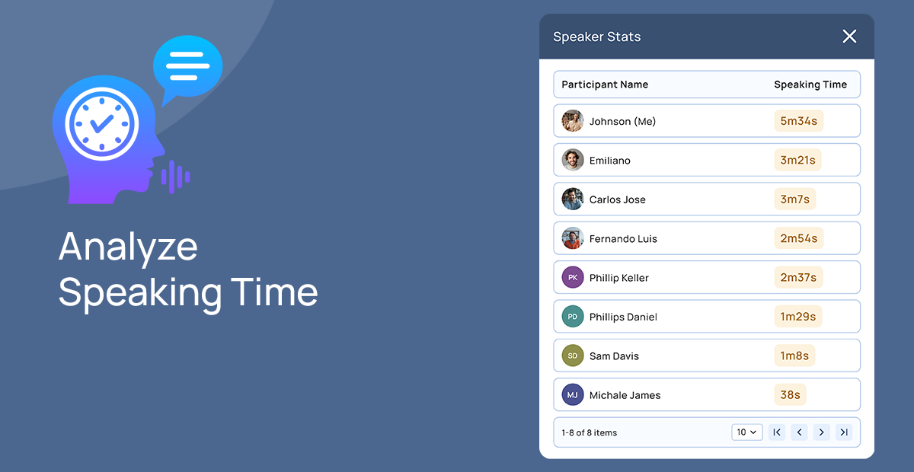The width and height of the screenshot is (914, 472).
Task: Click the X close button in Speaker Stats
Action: pyautogui.click(x=849, y=37)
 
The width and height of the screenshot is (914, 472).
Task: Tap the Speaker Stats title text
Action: pyautogui.click(x=596, y=37)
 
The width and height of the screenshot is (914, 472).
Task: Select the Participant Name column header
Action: pyautogui.click(x=605, y=85)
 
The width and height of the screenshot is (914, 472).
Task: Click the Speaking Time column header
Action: pyautogui.click(x=810, y=85)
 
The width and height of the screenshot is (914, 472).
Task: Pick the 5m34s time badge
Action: pyautogui.click(x=798, y=121)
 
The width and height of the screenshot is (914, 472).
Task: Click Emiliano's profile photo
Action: pyautogui.click(x=573, y=160)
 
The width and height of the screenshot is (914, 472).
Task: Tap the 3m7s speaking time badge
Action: pyautogui.click(x=794, y=199)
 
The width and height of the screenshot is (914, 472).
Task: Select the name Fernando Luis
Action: pyautogui.click(x=623, y=239)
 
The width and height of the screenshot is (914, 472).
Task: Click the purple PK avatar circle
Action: pyautogui.click(x=573, y=278)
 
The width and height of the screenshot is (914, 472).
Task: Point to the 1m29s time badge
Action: pyautogui.click(x=797, y=317)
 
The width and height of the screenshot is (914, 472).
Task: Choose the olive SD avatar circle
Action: pyautogui.click(x=573, y=356)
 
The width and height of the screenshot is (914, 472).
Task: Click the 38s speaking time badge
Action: pyautogui.click(x=790, y=395)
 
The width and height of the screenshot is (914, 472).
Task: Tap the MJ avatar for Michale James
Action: pyautogui.click(x=573, y=395)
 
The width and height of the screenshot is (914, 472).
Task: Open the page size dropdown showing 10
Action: pyautogui.click(x=746, y=432)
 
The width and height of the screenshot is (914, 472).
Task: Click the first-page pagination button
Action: pyautogui.click(x=777, y=432)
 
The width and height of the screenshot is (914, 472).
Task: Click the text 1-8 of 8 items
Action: pyautogui.click(x=590, y=432)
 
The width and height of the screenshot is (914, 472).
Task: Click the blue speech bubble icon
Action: pyautogui.click(x=187, y=66)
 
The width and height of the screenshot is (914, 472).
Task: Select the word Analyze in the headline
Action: pyautogui.click(x=128, y=246)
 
